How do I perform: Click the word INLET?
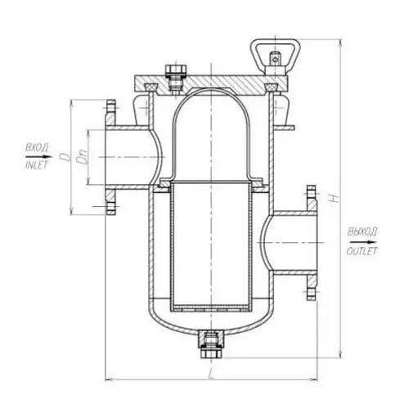point(36,165)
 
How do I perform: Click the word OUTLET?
point(362,251)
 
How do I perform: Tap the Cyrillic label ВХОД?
point(37,148)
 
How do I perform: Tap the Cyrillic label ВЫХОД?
point(362,232)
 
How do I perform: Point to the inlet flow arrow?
point(38,157)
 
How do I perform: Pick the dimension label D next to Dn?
point(65,157)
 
